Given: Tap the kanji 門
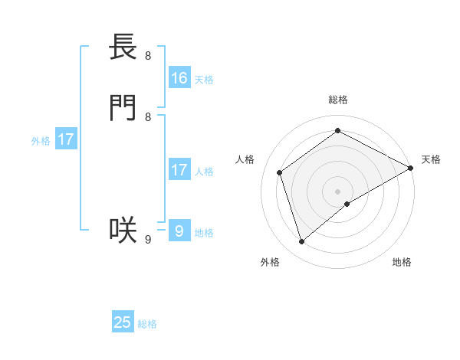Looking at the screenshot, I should coord(123,108).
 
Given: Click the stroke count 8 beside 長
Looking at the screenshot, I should coord(148,55).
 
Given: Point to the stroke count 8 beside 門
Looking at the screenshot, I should coord(148,116).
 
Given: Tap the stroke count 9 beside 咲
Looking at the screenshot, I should coord(148,239).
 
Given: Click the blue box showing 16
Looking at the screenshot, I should coord(179,78).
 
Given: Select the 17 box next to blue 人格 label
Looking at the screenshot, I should coord(179,170).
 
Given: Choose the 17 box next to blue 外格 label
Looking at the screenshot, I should coord(66,139).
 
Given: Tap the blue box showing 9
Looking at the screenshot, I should coord(179,231).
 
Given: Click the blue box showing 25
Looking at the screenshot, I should coord(123,322).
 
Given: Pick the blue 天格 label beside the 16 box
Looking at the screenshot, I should coord(204,80).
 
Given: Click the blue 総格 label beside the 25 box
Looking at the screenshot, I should coord(147,324).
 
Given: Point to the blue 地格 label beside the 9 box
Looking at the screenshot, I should coord(204,233).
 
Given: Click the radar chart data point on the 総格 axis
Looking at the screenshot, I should coord(337,131).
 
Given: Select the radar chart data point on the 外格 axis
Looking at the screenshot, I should coord(301,242).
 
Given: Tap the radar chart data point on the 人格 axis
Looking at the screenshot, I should coord(280,172).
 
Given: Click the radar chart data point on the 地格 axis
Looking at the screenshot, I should coord(347,204).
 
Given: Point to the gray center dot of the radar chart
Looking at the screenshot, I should coord(337,191).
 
